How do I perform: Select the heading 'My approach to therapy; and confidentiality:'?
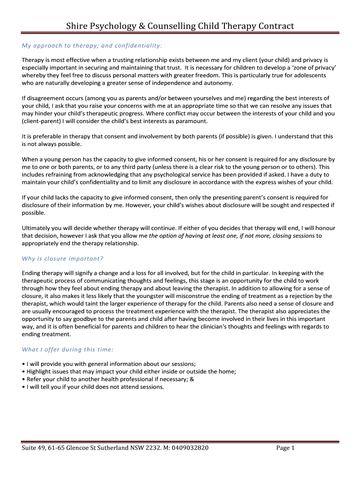coord(92,45)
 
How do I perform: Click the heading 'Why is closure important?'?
coord(63,258)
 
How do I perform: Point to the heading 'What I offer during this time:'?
coord(68,349)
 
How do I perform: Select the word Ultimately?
coord(38,228)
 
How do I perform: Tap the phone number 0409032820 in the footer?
coord(185,448)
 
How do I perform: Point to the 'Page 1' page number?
coord(285,448)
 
